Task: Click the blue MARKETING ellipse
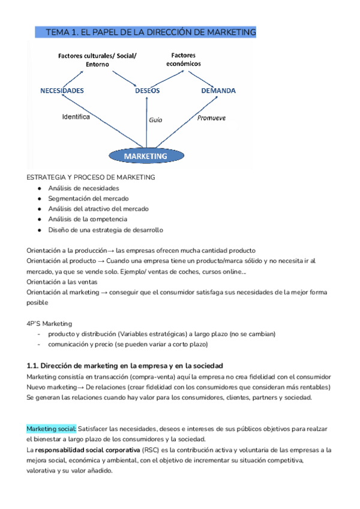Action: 146,156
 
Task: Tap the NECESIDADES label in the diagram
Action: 62,91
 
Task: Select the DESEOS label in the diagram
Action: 147,91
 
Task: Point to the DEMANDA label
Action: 218,91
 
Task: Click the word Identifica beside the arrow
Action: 76,117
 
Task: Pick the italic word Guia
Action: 155,120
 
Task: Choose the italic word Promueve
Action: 211,118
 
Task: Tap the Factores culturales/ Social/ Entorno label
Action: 97,60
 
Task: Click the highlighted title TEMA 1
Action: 151,32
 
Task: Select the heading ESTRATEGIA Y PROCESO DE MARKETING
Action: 91,178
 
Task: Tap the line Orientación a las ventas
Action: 62,282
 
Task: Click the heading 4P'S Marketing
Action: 49,323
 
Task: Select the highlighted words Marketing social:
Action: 52,429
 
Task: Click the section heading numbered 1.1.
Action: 125,366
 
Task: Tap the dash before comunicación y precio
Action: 40,345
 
